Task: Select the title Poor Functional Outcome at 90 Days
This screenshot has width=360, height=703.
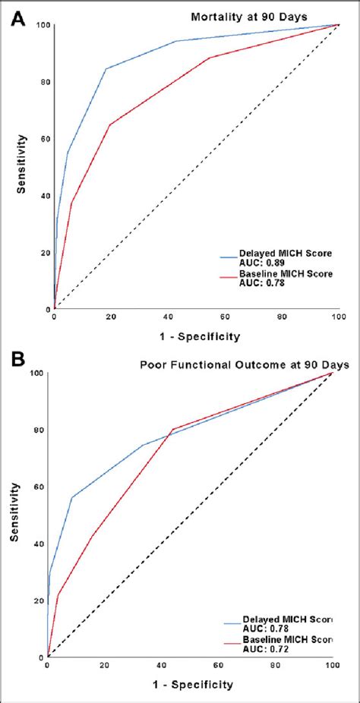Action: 245,364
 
